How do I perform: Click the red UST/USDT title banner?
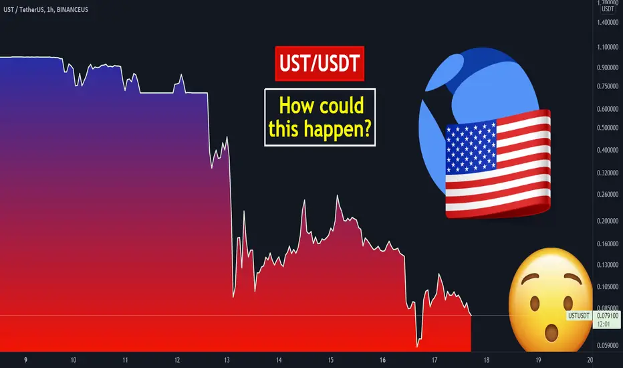pos(320,64)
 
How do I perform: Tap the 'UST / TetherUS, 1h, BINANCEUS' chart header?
pos(45,9)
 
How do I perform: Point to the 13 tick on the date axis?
pos(227,360)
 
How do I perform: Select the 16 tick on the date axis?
pos(382,360)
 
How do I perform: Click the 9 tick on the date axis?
pos(26,360)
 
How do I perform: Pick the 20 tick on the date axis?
pos(590,360)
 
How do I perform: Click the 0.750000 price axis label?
pos(608,86)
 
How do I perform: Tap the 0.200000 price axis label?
pos(608,221)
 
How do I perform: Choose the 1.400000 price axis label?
pos(608,22)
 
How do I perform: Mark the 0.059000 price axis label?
pos(608,345)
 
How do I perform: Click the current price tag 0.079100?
pos(608,316)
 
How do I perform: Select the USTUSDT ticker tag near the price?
pos(579,316)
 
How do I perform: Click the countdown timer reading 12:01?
pos(603,325)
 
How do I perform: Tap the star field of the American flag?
pos(471,147)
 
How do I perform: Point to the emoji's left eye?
pos(534,304)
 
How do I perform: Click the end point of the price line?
pos(471,316)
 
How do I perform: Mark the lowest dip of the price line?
pos(417,347)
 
